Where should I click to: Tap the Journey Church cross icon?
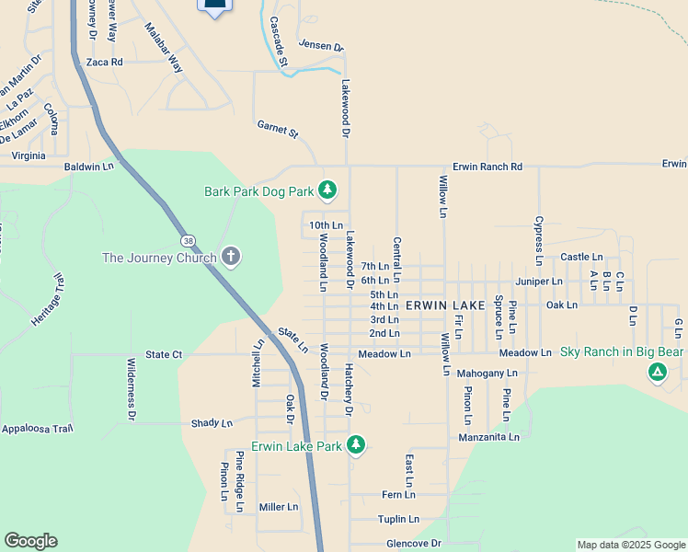(231, 257)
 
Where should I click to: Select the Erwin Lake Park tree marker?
(356, 446)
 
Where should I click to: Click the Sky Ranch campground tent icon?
(657, 372)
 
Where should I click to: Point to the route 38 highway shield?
(189, 241)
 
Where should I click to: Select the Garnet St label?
(278, 133)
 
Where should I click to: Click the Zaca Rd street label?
(104, 62)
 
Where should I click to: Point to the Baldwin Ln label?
(89, 167)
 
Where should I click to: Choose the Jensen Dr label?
(320, 46)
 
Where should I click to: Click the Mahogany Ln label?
(487, 374)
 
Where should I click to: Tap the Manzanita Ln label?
(490, 437)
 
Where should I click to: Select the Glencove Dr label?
(414, 543)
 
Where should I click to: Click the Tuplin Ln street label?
(398, 519)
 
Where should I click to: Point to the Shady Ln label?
(212, 423)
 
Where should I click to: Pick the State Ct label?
(164, 353)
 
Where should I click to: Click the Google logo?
(30, 541)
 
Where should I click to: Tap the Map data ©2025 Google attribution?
(630, 545)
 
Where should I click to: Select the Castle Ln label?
(581, 257)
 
